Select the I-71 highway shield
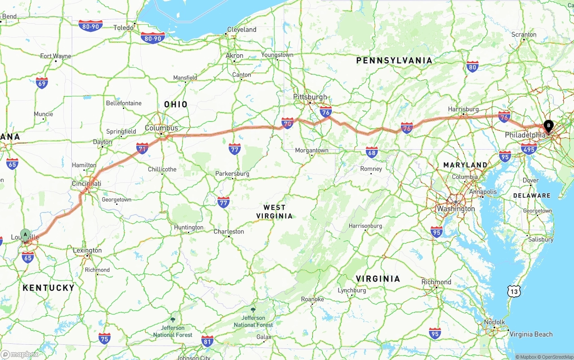(142, 148)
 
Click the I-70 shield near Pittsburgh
(287, 123)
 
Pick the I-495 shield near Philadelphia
(529, 149)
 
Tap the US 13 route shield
(514, 291)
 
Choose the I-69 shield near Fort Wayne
(42, 83)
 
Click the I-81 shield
(207, 341)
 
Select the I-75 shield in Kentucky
(104, 338)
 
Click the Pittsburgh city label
(310, 97)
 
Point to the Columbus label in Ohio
(161, 128)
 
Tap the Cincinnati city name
(87, 184)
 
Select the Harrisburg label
(463, 109)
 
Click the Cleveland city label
(242, 30)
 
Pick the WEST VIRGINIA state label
(274, 212)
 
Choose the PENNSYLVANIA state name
(394, 61)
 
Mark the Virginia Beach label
(531, 334)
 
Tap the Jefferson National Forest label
(253, 321)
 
